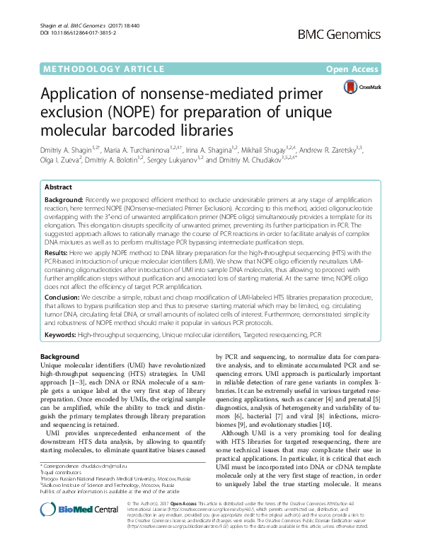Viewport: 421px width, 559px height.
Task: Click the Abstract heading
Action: [58, 188]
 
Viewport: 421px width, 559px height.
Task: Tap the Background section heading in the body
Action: [60, 357]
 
